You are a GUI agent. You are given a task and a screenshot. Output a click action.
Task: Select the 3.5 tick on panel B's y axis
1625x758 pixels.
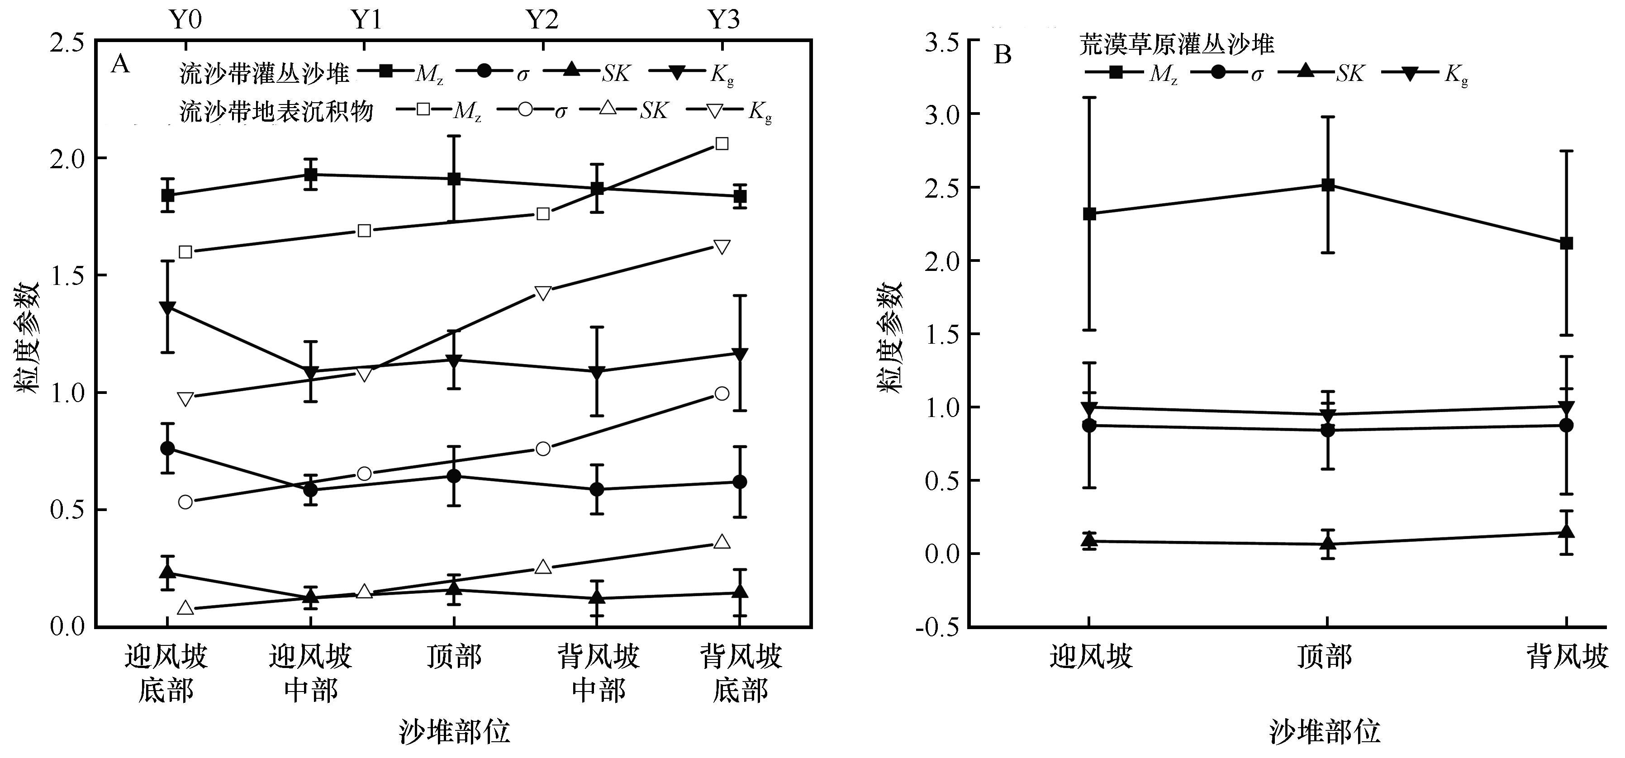tap(942, 42)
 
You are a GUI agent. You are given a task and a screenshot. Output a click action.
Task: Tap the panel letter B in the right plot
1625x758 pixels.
tap(1003, 55)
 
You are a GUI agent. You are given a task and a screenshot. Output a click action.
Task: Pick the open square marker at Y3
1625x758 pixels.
tap(722, 144)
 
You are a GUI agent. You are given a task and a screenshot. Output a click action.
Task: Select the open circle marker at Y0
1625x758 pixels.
tap(185, 502)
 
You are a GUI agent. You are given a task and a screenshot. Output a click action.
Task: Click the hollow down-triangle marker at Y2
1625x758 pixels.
tap(543, 293)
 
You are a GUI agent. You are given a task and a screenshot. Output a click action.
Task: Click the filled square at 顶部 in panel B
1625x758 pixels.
tap(1327, 185)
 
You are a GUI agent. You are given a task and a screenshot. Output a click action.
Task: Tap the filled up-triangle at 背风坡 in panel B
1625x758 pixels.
tap(1566, 531)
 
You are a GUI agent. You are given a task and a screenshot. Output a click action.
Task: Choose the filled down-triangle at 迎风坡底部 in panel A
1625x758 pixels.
tap(167, 308)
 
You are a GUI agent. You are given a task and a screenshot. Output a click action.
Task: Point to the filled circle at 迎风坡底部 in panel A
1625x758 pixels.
tap(167, 448)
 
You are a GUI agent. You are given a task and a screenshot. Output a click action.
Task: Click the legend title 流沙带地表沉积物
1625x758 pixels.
tap(276, 112)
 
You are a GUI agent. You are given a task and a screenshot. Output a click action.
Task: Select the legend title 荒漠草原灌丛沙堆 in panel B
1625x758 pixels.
tap(1177, 45)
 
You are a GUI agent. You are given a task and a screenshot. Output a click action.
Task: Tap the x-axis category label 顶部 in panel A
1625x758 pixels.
tap(454, 657)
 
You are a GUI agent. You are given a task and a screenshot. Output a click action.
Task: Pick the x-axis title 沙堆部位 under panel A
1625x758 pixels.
tap(454, 731)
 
